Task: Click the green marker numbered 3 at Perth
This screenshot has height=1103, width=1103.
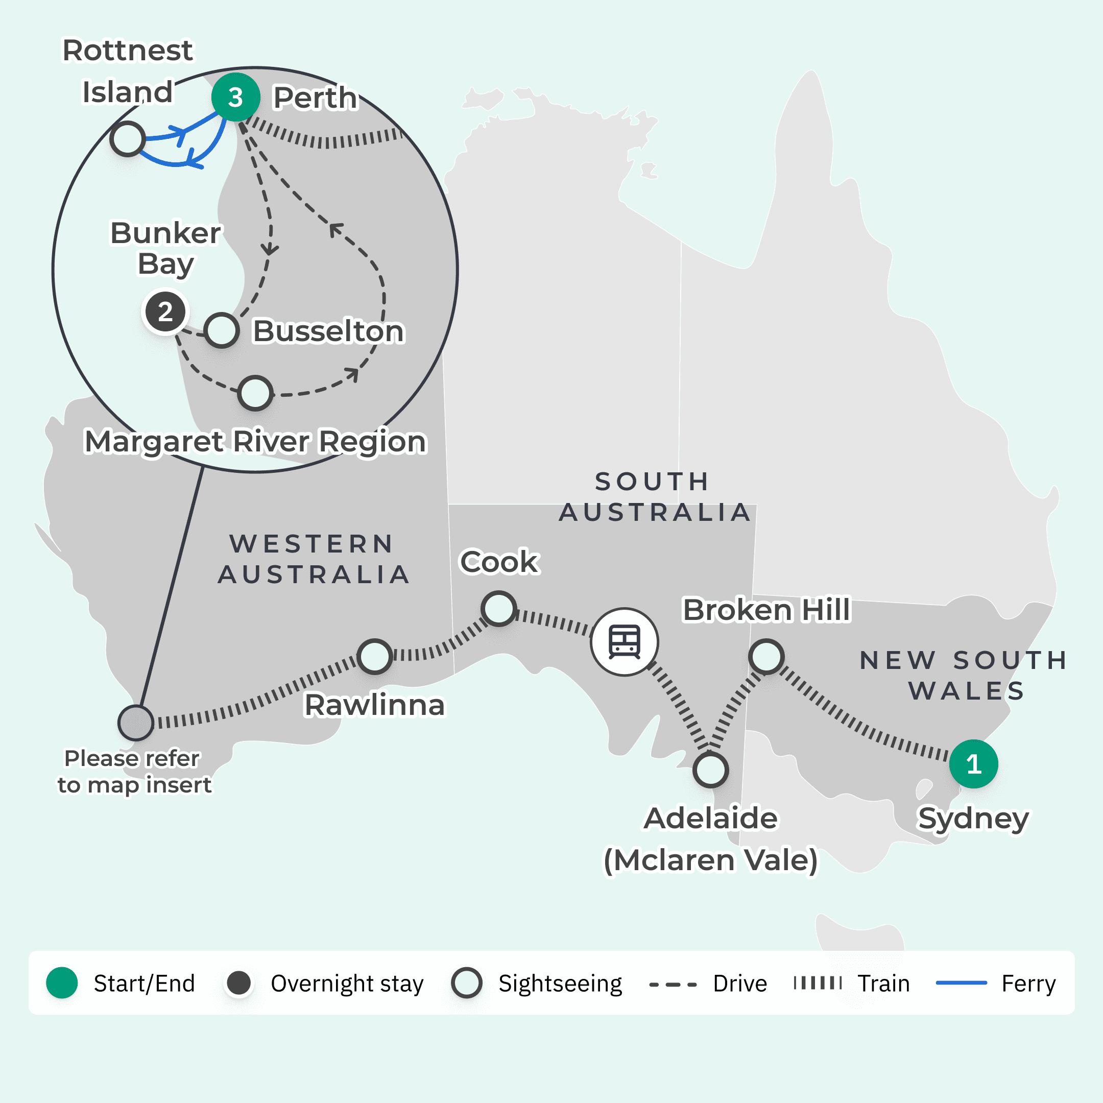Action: point(236,97)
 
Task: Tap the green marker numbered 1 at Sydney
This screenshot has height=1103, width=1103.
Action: point(973,764)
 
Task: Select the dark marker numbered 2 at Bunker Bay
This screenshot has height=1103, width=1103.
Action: point(165,311)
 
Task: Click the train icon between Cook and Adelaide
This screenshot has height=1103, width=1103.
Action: point(625,642)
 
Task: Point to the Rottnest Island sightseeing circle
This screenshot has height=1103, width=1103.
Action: point(127,139)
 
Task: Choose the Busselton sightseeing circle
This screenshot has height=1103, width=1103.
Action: point(222,330)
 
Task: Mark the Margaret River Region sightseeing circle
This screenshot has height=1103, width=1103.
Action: point(255,393)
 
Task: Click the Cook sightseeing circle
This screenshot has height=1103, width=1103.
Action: point(499,609)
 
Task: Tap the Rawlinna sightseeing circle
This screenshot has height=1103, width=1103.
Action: point(374,657)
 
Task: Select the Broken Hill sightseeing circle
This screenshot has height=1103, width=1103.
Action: point(766,657)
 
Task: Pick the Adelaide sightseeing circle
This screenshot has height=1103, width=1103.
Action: point(710,770)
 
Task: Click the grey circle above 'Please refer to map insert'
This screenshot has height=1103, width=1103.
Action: point(136,723)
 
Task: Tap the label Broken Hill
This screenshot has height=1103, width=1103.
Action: point(766,610)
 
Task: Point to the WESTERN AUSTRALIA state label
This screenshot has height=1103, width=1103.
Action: point(314,560)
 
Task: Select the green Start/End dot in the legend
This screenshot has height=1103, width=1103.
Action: point(62,983)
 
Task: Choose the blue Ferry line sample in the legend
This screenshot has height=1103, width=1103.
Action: point(962,983)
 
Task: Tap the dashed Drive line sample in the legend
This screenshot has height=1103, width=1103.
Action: point(673,984)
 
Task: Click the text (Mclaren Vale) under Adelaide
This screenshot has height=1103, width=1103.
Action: point(711,860)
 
